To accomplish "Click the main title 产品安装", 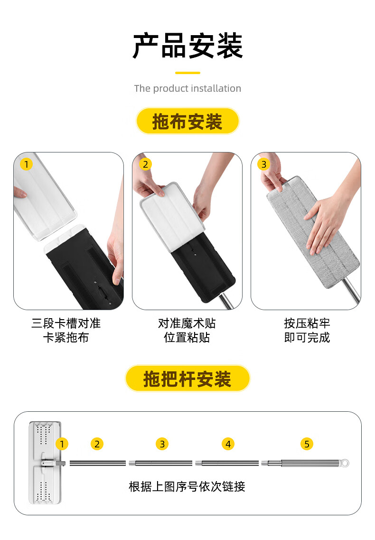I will (187, 46).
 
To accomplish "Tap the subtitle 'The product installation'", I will (187, 88).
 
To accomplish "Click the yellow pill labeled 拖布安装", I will (187, 122).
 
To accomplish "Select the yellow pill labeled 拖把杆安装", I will (187, 379).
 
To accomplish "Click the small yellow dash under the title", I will (187, 73).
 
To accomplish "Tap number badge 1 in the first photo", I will (26, 164).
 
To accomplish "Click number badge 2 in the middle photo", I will (145, 164).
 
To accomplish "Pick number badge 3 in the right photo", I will (263, 164).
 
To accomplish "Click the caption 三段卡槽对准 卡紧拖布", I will (66, 331).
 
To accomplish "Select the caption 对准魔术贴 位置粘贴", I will (187, 331).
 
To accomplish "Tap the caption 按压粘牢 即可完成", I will (307, 331).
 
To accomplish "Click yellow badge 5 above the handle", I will (307, 444).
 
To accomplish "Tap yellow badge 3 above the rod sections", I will (162, 444).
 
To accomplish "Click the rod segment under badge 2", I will (97, 463).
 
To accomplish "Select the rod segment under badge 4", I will (228, 463).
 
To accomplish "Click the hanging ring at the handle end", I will (346, 463).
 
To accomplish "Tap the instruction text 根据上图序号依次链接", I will (187, 486).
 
